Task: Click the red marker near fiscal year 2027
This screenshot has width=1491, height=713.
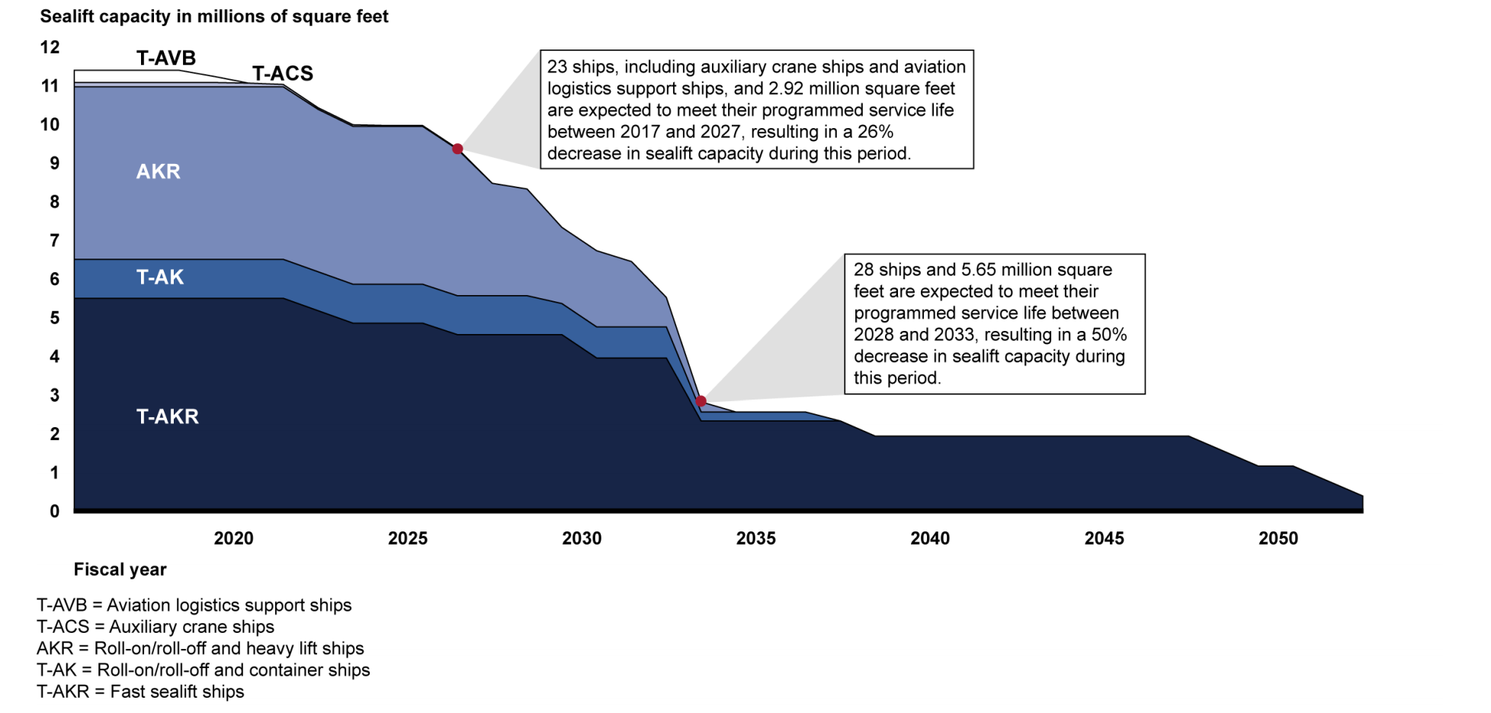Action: tap(457, 149)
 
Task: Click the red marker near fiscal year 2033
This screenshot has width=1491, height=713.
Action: tap(701, 401)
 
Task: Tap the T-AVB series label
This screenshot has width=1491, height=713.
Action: tap(166, 58)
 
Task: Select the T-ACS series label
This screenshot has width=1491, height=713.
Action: tap(283, 73)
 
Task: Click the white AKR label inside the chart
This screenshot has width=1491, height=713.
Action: tap(159, 172)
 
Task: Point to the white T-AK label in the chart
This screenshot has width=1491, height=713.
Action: tap(160, 277)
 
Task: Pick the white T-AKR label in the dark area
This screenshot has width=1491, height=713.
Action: tap(168, 416)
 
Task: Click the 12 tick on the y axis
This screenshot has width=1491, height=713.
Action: tap(50, 47)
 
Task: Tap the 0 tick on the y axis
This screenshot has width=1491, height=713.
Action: tap(54, 512)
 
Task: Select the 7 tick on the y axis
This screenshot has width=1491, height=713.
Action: tap(54, 241)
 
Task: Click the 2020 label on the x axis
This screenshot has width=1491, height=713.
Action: tap(233, 538)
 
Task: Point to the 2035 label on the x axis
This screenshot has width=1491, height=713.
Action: tap(755, 538)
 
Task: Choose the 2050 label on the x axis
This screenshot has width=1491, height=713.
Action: tap(1278, 538)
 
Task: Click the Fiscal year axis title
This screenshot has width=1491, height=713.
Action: tap(120, 570)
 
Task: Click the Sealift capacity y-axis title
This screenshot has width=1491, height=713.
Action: tap(214, 17)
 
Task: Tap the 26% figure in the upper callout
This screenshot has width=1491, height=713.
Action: tap(875, 132)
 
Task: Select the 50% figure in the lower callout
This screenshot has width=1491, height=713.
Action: tap(1109, 335)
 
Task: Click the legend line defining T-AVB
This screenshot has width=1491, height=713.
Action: tap(194, 605)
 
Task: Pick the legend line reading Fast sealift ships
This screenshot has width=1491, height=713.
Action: tap(140, 692)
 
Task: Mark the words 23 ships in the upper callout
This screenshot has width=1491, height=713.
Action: tap(579, 67)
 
